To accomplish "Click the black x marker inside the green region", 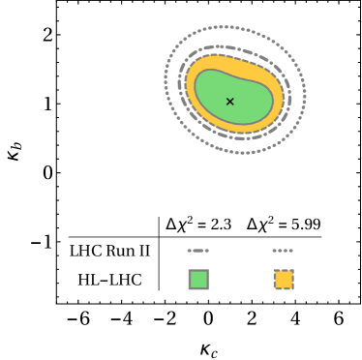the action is [x=229, y=102].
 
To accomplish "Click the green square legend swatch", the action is [x=198, y=280].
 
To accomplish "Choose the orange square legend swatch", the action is [x=284, y=280].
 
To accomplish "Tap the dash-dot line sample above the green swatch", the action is [x=197, y=251].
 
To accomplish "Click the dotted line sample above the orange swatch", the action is [x=283, y=251].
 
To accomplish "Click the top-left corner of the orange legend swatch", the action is [x=275, y=271].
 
